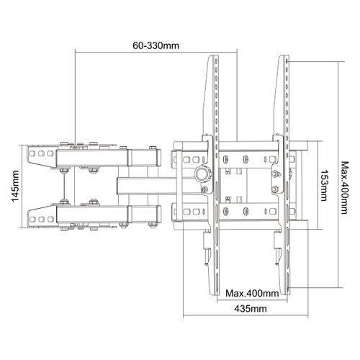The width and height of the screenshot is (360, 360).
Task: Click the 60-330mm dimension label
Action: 156,45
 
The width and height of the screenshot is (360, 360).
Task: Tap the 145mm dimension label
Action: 15,186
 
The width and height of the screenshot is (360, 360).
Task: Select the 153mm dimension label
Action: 324,185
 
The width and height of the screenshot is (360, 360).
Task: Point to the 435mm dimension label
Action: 251,308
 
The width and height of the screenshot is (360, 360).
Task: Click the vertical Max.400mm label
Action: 344,187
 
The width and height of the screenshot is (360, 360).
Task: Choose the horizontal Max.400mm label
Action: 252,293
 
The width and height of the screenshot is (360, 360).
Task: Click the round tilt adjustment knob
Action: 204,174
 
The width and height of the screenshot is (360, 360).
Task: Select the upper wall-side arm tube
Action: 109,158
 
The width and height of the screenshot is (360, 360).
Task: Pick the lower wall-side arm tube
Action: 109,214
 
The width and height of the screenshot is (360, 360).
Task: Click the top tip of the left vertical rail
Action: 214,55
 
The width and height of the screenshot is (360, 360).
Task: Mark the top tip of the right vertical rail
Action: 284,55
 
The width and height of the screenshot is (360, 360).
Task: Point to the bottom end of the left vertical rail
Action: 215,294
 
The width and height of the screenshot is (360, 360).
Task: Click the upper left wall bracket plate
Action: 42,155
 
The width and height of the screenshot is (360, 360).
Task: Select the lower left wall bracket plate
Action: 42,216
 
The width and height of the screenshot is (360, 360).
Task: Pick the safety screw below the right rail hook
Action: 278,256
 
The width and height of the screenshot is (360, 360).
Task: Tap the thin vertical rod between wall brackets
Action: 64,186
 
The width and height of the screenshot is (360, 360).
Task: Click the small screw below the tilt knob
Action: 204,189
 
